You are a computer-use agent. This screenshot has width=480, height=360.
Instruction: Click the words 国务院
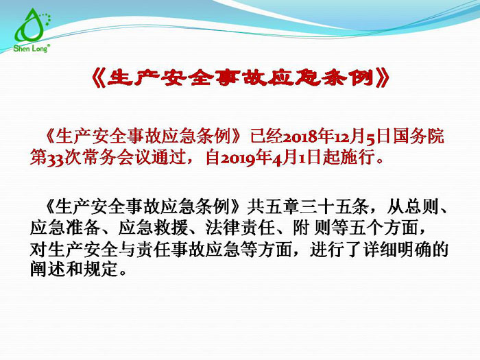pos(423,134)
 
